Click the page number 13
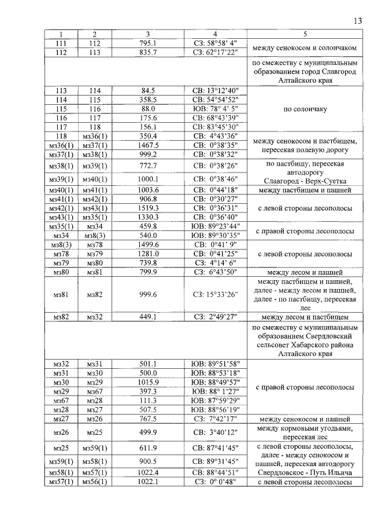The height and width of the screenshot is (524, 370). pos(357,21)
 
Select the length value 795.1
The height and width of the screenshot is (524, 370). pos(148,43)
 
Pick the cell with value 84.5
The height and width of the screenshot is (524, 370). pos(148,90)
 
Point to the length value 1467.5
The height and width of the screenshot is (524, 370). pos(148,145)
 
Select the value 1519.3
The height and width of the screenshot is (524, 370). pos(148,207)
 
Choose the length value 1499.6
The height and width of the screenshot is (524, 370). pos(148,244)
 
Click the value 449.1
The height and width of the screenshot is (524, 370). pos(148,317)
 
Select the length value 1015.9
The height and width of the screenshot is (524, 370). pos(148,383)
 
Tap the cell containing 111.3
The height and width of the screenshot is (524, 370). pos(148,401)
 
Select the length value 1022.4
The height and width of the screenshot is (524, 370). pos(148,472)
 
